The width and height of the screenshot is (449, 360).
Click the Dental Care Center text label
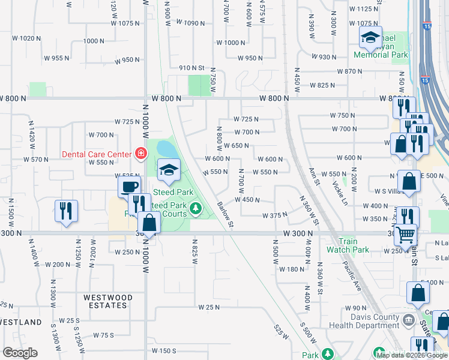[97, 154]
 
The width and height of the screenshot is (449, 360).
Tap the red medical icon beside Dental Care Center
[141, 154]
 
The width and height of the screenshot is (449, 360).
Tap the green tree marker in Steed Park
[195, 208]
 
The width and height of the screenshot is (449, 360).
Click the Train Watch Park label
[348, 245]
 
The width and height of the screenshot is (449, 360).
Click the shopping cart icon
[406, 233]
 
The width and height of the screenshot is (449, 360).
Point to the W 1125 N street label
[364, 9]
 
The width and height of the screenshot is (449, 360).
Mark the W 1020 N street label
[26, 38]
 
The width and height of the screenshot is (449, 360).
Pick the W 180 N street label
[292, 269]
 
